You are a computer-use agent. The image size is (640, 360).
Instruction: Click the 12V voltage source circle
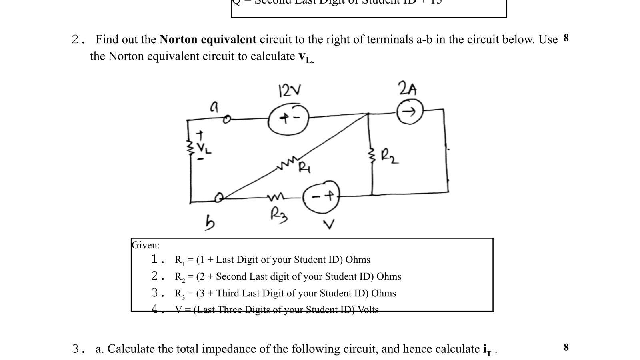tap(289, 118)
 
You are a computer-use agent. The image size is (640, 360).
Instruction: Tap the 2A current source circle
tap(409, 112)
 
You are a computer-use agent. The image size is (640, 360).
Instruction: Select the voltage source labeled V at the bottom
tap(322, 196)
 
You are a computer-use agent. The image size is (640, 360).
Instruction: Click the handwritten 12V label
tap(290, 91)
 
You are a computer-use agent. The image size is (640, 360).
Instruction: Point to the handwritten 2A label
tap(407, 88)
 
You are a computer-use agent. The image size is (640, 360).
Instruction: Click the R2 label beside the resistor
tap(389, 156)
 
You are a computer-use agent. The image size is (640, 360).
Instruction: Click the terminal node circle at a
tap(227, 119)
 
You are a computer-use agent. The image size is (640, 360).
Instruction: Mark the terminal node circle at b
tap(219, 197)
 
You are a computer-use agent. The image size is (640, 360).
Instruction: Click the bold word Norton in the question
tap(180, 40)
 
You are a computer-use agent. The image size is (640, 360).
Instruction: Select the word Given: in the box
tap(146, 245)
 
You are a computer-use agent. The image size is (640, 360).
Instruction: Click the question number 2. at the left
tap(78, 40)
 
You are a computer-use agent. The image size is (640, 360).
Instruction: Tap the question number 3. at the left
tap(78, 349)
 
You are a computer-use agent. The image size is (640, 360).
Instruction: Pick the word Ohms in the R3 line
tap(383, 293)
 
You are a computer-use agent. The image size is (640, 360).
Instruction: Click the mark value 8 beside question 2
tap(566, 38)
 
